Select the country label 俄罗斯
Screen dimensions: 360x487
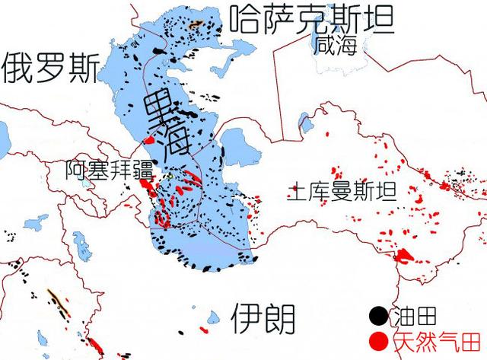pos(49,69)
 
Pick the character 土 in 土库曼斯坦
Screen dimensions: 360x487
pos(295,193)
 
